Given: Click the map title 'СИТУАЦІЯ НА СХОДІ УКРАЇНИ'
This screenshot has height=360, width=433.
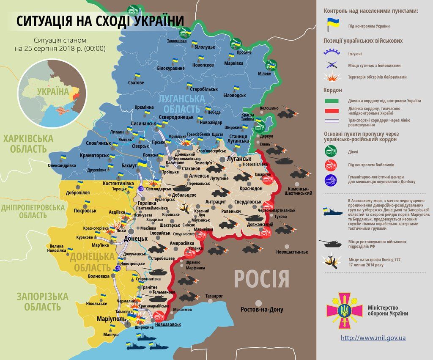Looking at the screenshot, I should tap(101, 21).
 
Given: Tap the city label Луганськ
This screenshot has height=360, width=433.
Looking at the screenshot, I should tap(239, 159).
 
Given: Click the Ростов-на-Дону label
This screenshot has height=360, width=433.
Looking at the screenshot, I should tap(262, 309).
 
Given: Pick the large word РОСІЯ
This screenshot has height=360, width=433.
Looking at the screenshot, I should tap(262, 280).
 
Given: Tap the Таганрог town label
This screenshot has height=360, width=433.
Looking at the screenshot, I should tap(214, 296).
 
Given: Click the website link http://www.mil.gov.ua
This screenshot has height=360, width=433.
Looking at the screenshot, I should tap(373, 338).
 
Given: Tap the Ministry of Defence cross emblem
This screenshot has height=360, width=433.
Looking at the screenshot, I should tap(345, 311).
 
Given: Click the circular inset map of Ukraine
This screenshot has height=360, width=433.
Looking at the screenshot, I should tap(52, 94).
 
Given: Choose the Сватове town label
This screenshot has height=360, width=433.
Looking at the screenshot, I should tap(136, 82).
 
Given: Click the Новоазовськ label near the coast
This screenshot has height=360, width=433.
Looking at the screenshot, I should tap(168, 324).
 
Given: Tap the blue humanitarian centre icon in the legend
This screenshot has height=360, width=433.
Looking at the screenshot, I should tap(331, 179).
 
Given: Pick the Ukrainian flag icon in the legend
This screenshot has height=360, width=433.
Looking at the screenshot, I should tap(330, 25).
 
